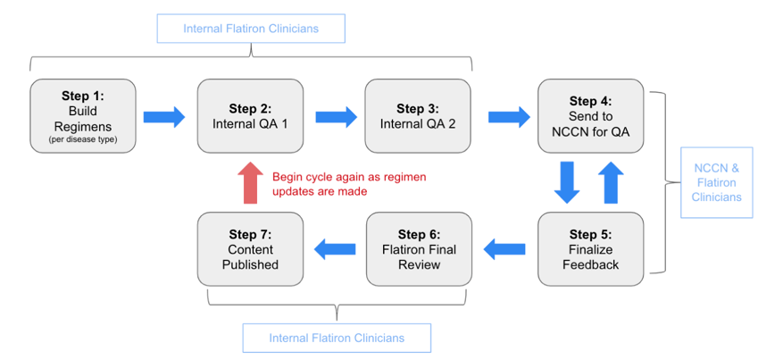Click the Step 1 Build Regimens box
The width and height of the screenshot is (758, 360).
pos(82,116)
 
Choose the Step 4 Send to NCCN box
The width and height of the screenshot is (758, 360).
pos(590,116)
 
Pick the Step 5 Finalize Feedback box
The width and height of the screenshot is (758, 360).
pos(590,249)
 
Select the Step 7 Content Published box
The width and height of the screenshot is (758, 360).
pos(250,249)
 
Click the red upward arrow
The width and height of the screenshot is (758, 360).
pos(251,183)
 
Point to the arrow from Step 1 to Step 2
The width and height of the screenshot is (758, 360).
pos(163,116)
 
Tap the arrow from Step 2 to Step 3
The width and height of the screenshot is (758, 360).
pos(335,116)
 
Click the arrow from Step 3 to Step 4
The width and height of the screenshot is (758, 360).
pos(507,116)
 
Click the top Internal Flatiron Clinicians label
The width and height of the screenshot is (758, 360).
pos(251,29)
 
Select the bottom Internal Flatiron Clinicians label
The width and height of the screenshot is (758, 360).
pos(337,338)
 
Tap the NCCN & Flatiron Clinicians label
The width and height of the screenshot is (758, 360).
pos(718,182)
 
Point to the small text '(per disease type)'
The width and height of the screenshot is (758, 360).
pos(82,139)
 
